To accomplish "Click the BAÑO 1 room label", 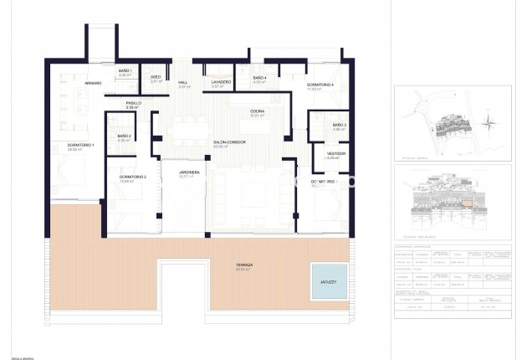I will pyautogui.click(x=125, y=70).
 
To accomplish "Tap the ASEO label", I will pyautogui.click(x=155, y=78).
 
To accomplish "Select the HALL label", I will pyautogui.click(x=182, y=82).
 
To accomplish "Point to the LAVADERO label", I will pyautogui.click(x=220, y=82).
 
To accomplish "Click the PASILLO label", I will pyautogui.click(x=133, y=103).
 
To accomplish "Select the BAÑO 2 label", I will pyautogui.click(x=124, y=136).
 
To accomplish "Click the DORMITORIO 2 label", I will pyautogui.click(x=133, y=177).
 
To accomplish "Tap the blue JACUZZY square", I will pyautogui.click(x=329, y=281).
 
